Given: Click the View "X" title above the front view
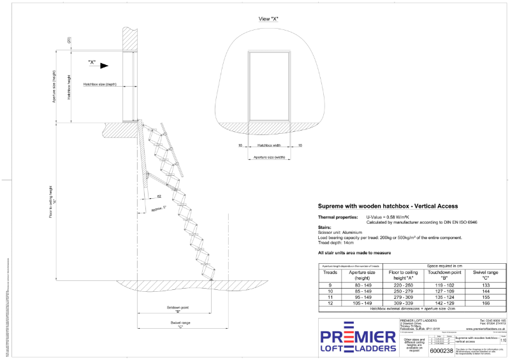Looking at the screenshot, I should [x=268, y=19].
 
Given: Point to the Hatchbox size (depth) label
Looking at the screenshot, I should [x=100, y=83].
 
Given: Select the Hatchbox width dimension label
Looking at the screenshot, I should [x=269, y=145].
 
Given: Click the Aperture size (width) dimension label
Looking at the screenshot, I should [x=269, y=156].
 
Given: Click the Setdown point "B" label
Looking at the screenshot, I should [x=172, y=308].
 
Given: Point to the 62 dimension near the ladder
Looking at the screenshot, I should [x=159, y=198].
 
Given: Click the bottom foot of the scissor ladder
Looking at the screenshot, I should [x=210, y=278].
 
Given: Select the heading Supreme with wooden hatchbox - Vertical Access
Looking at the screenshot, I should [x=388, y=206].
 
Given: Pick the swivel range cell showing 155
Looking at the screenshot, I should [x=485, y=296].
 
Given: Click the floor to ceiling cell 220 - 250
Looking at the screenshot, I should [x=402, y=285].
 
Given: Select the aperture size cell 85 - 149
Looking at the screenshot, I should [x=360, y=291].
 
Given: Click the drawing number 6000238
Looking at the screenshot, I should [x=441, y=350].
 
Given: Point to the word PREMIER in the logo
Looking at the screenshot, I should [x=358, y=336].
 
